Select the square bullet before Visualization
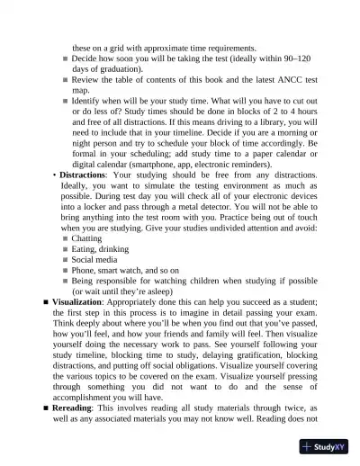click(45, 301)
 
